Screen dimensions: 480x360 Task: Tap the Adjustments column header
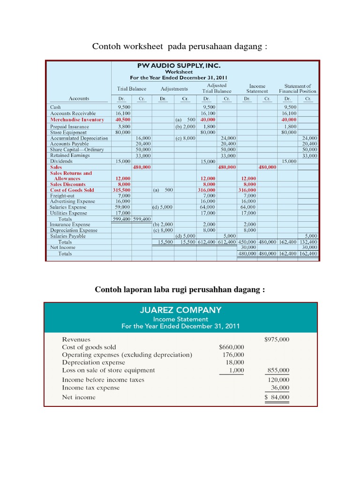coord(174,89)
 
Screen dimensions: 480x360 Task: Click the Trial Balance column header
coord(131,89)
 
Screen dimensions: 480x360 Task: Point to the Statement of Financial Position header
coord(297,89)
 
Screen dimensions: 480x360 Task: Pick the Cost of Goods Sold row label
coord(72,190)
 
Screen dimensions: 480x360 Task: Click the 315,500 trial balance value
coord(121,190)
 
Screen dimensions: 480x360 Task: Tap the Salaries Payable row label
coord(68,236)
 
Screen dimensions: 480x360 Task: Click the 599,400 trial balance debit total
coord(121,219)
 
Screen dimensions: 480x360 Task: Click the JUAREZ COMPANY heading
coord(180,310)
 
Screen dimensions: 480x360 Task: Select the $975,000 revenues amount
coord(277,339)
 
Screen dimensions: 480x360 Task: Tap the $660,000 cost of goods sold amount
coord(232,347)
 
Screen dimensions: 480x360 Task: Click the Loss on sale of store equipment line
coord(108,370)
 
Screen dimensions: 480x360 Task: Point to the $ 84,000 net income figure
coord(277,397)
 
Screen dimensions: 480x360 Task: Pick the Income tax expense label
coord(91,388)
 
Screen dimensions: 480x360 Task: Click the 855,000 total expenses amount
coord(278,370)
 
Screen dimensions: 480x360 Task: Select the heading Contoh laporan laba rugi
coord(180,290)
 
